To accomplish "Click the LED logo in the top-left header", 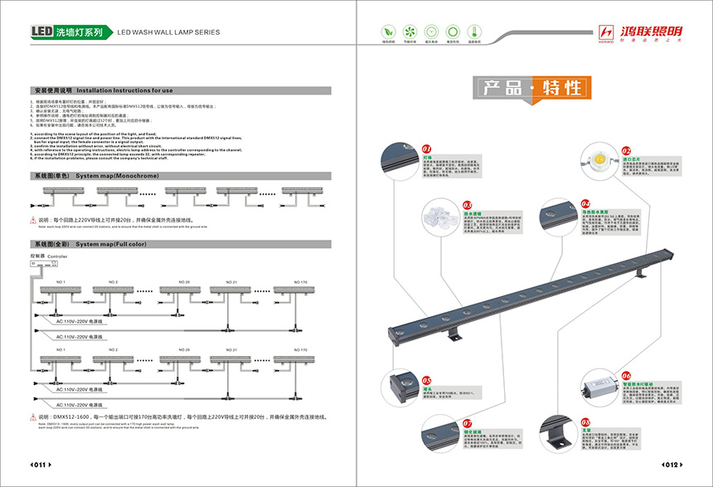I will click(x=42, y=32).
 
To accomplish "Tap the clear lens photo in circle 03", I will click(x=439, y=217).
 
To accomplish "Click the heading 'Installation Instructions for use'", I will click(x=124, y=90).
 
